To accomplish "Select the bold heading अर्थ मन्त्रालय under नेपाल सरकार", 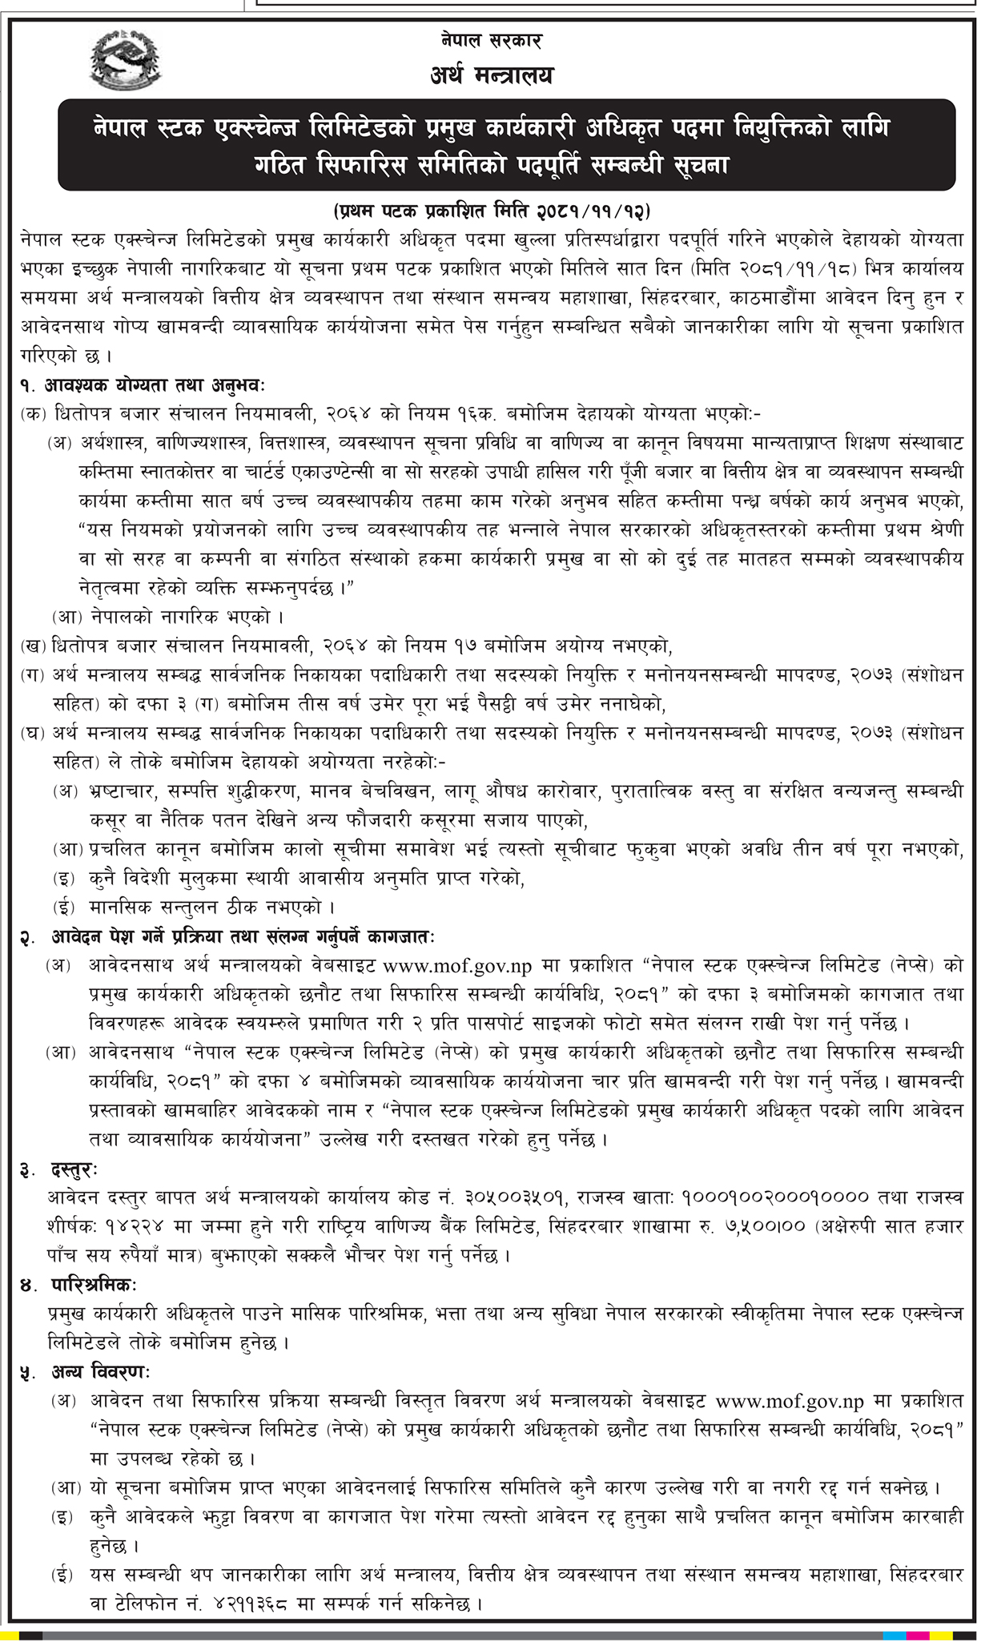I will coord(490,76).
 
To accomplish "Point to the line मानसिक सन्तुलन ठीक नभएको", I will coord(212,906).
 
